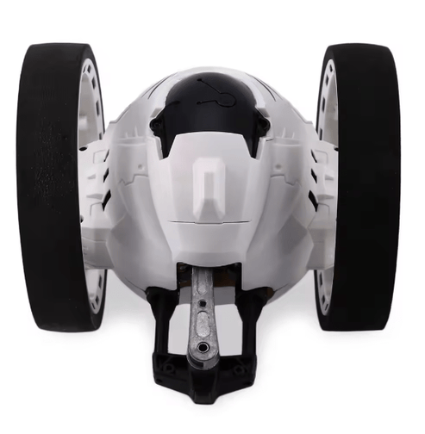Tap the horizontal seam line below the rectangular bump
211,221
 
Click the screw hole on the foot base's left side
169,368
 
